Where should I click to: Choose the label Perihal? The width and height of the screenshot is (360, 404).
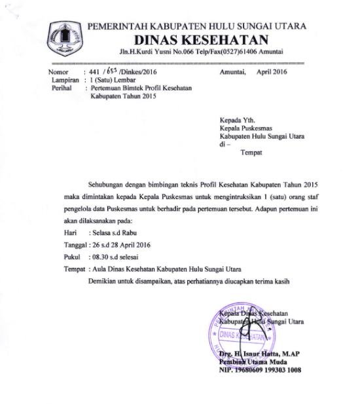(61, 86)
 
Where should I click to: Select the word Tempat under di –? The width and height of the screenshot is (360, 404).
(251, 153)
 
